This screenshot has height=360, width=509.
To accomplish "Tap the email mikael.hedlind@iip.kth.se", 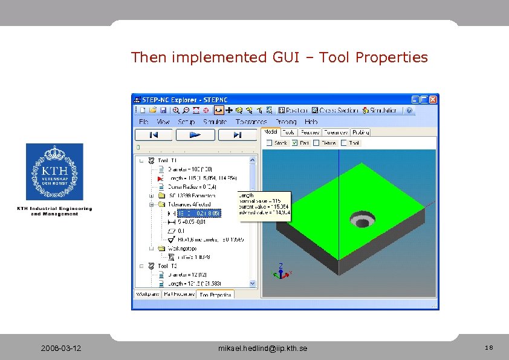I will (x=262, y=349).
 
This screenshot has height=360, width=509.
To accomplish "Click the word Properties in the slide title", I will (x=391, y=58).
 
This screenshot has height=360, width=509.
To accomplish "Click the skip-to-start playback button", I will (x=154, y=135).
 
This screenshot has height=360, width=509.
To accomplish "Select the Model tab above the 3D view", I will (x=271, y=132).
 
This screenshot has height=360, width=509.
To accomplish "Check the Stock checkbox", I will (x=270, y=143).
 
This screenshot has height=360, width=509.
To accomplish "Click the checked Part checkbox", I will (x=294, y=143).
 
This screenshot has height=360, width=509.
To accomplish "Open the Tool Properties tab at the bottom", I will (x=215, y=294).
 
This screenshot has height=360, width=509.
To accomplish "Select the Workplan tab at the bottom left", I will (x=148, y=294).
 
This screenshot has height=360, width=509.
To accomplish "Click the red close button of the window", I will (x=433, y=99).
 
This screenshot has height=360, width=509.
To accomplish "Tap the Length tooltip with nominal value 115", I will (x=264, y=204).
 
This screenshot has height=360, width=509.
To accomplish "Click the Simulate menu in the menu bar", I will (x=215, y=122).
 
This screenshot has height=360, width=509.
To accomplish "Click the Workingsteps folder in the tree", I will (x=178, y=247).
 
